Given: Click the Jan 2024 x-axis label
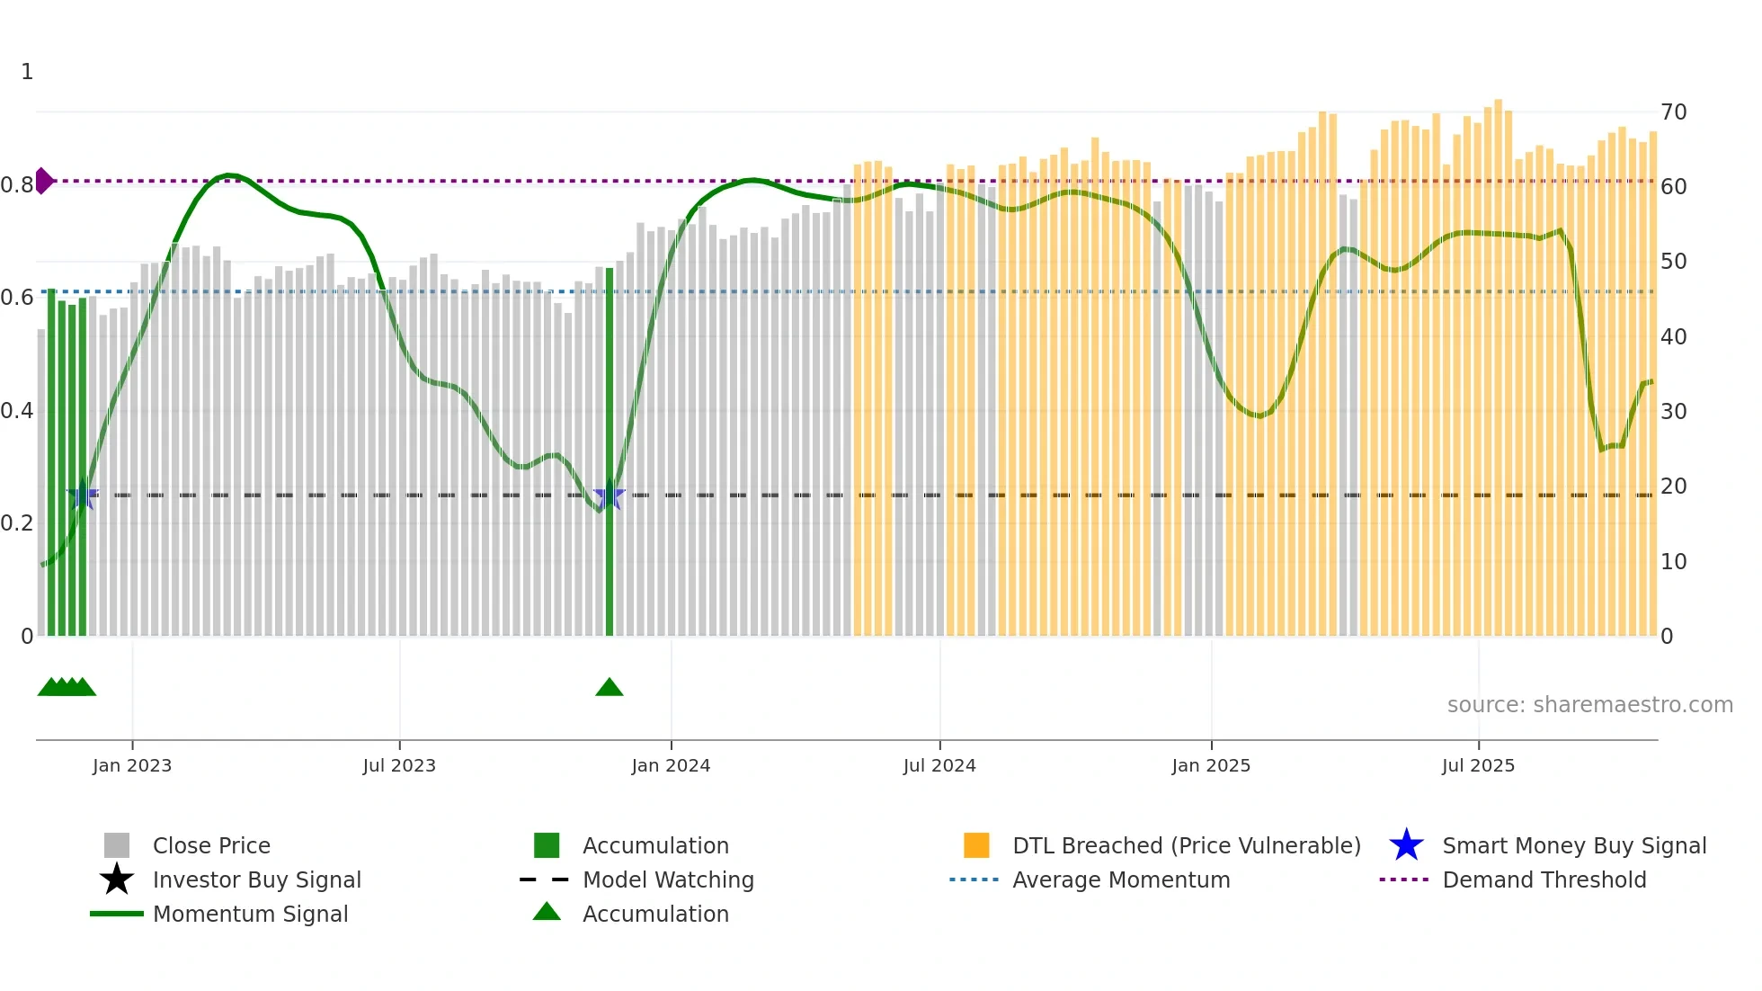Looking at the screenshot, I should (x=671, y=765).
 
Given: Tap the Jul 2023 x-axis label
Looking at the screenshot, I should (x=399, y=765).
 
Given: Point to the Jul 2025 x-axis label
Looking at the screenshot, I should (x=1478, y=765).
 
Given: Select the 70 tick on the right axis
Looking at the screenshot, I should (x=1674, y=112).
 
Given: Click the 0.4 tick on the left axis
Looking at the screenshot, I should (x=17, y=411).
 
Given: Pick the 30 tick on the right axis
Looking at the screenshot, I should (x=1674, y=411).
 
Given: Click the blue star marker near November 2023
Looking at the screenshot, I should (x=609, y=495).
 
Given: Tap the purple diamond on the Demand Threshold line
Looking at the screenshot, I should (x=43, y=181).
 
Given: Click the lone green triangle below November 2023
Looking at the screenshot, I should (x=609, y=688).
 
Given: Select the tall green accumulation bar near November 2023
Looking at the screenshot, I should (x=609, y=450).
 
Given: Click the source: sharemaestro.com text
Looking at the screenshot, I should (x=1589, y=705).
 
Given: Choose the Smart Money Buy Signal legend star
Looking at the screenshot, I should (x=1406, y=845).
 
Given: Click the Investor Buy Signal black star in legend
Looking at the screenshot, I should (x=117, y=879).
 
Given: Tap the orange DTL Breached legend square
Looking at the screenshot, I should (x=976, y=845).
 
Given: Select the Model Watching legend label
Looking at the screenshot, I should (x=668, y=879).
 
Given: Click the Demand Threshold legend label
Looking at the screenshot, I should (x=1544, y=879).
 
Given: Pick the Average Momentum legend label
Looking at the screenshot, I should (x=1121, y=879).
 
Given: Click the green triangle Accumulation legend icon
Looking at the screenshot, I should (x=547, y=912).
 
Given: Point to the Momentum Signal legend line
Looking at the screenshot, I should (x=117, y=914).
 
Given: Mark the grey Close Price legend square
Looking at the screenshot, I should (x=117, y=845).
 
